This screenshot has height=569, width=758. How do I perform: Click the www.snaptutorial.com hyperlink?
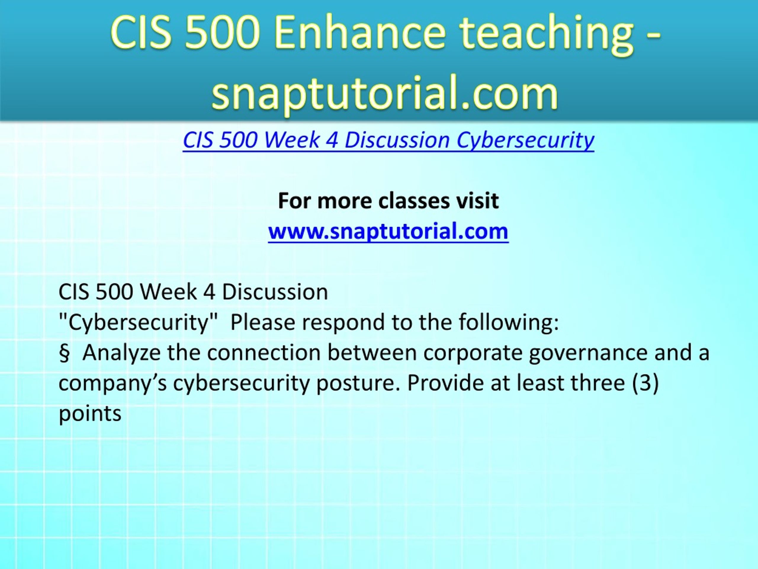tap(388, 231)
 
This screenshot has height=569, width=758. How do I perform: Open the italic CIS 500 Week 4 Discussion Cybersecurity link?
tap(388, 140)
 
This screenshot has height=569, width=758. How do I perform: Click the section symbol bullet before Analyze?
tap(64, 353)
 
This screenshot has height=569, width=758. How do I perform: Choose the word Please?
tap(263, 322)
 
